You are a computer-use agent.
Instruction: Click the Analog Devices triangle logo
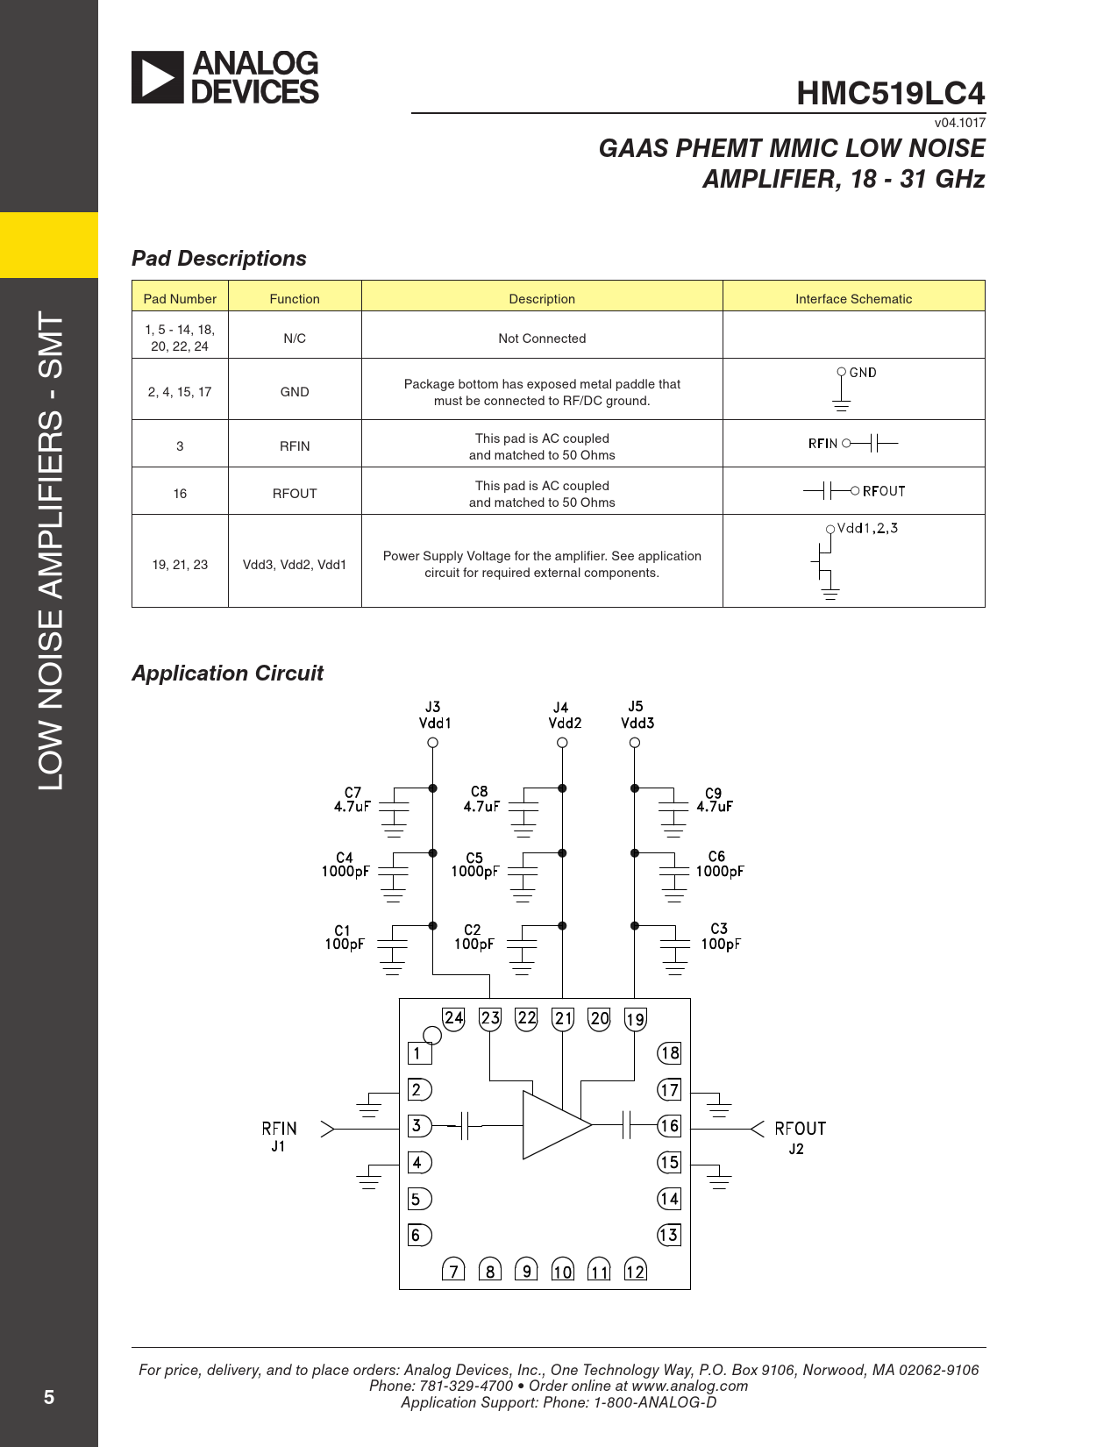tap(158, 77)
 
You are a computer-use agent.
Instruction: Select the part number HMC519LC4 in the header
tap(890, 93)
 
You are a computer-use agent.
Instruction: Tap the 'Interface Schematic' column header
tap(853, 298)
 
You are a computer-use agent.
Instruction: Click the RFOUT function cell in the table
tap(295, 493)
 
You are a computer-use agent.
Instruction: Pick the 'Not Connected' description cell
tap(542, 338)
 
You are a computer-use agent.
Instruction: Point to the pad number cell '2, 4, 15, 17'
tap(180, 391)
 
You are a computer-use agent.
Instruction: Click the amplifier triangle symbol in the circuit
tap(552, 1125)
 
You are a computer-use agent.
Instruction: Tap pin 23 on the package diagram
tap(490, 1018)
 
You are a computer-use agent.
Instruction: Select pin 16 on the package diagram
tap(669, 1126)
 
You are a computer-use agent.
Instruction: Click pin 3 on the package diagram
tap(418, 1126)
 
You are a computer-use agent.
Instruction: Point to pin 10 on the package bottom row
tap(562, 1272)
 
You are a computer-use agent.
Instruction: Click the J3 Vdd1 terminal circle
tap(432, 743)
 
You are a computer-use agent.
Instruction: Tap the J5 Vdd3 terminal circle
tap(635, 743)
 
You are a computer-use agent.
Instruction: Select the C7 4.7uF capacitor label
tap(352, 799)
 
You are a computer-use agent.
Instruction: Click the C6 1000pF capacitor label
tap(719, 864)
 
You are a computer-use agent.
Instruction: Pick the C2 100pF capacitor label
tap(474, 937)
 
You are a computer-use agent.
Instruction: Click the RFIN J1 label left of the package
tap(279, 1136)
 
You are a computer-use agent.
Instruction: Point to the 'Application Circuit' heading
tap(227, 673)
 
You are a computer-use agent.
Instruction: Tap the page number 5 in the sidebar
tap(49, 1397)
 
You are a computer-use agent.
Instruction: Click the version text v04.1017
tap(959, 123)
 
